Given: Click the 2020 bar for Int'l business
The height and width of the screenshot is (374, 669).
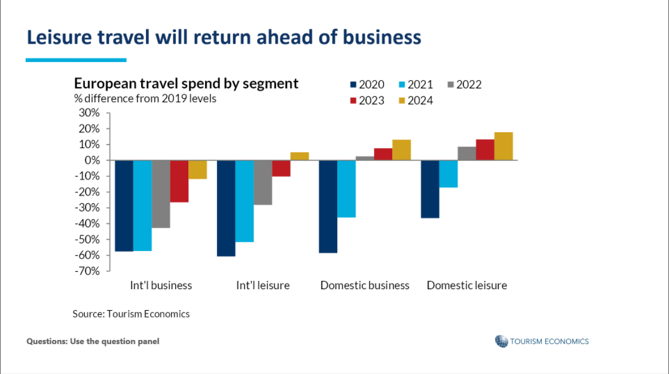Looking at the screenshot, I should tap(124, 206).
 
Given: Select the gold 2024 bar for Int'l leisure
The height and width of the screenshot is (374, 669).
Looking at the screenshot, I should tap(300, 157).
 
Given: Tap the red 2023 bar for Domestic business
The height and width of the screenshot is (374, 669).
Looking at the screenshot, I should tap(383, 154).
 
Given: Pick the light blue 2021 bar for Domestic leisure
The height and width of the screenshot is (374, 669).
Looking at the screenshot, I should tap(448, 174).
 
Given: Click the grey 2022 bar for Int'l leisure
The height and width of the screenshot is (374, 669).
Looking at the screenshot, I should tap(263, 182).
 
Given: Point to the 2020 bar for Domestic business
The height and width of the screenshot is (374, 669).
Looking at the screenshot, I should tap(328, 206).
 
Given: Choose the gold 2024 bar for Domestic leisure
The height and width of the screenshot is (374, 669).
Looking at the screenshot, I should tap(503, 146).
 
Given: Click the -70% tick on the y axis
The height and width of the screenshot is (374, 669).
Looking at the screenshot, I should tap(87, 271).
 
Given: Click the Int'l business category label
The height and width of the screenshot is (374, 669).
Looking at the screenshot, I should tap(161, 286).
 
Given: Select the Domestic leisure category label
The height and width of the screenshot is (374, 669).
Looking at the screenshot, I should tap(466, 286).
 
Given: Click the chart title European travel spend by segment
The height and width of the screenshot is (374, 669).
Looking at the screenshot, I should tap(186, 84).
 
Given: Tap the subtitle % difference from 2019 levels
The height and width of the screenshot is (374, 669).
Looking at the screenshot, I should tap(145, 99).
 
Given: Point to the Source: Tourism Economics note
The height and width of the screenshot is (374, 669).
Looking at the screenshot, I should tap(131, 314).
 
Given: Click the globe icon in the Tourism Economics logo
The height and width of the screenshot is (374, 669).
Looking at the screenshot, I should tap(501, 341).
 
